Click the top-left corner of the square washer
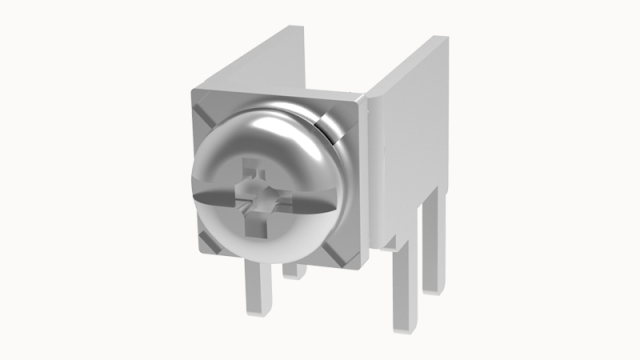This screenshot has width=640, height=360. [193, 93]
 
